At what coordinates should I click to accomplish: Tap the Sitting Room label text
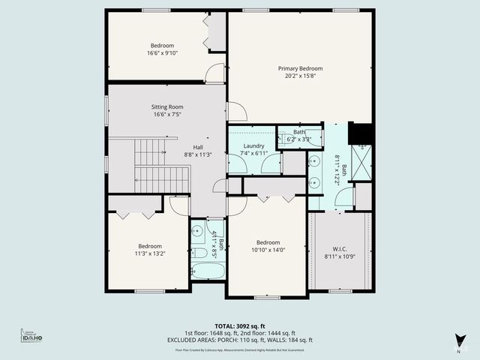167,107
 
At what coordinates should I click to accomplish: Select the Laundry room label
253,145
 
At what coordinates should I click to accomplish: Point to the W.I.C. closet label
340,249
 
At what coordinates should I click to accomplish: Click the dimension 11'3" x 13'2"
149,254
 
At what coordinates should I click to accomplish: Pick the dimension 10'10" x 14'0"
268,251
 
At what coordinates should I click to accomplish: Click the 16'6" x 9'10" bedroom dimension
162,53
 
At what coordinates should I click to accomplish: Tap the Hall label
199,147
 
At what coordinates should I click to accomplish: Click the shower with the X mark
363,161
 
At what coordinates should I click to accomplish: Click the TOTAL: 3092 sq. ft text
240,325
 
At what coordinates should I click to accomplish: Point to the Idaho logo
31,337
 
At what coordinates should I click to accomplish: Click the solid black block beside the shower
362,133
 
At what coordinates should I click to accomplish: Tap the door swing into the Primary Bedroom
236,112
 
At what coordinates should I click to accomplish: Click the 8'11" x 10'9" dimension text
340,256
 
